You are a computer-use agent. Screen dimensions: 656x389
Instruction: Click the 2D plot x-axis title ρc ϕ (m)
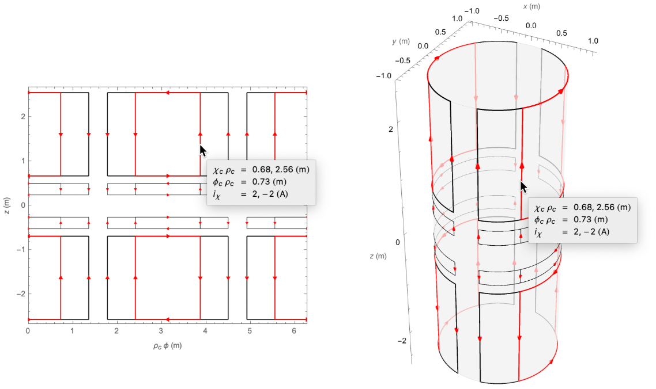167,345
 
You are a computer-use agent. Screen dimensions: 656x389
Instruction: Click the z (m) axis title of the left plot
7,205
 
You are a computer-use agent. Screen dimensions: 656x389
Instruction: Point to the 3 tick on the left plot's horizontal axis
161,331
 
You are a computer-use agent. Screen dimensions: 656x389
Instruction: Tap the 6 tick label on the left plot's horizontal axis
294,331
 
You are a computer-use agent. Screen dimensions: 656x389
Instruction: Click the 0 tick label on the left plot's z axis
23,205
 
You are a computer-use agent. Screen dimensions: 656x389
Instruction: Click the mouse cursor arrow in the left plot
202,151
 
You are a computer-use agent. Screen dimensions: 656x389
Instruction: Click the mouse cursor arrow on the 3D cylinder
523,187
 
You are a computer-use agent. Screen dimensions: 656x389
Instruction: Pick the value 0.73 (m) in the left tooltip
269,182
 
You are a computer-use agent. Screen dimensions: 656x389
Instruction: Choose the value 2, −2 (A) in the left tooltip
270,194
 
